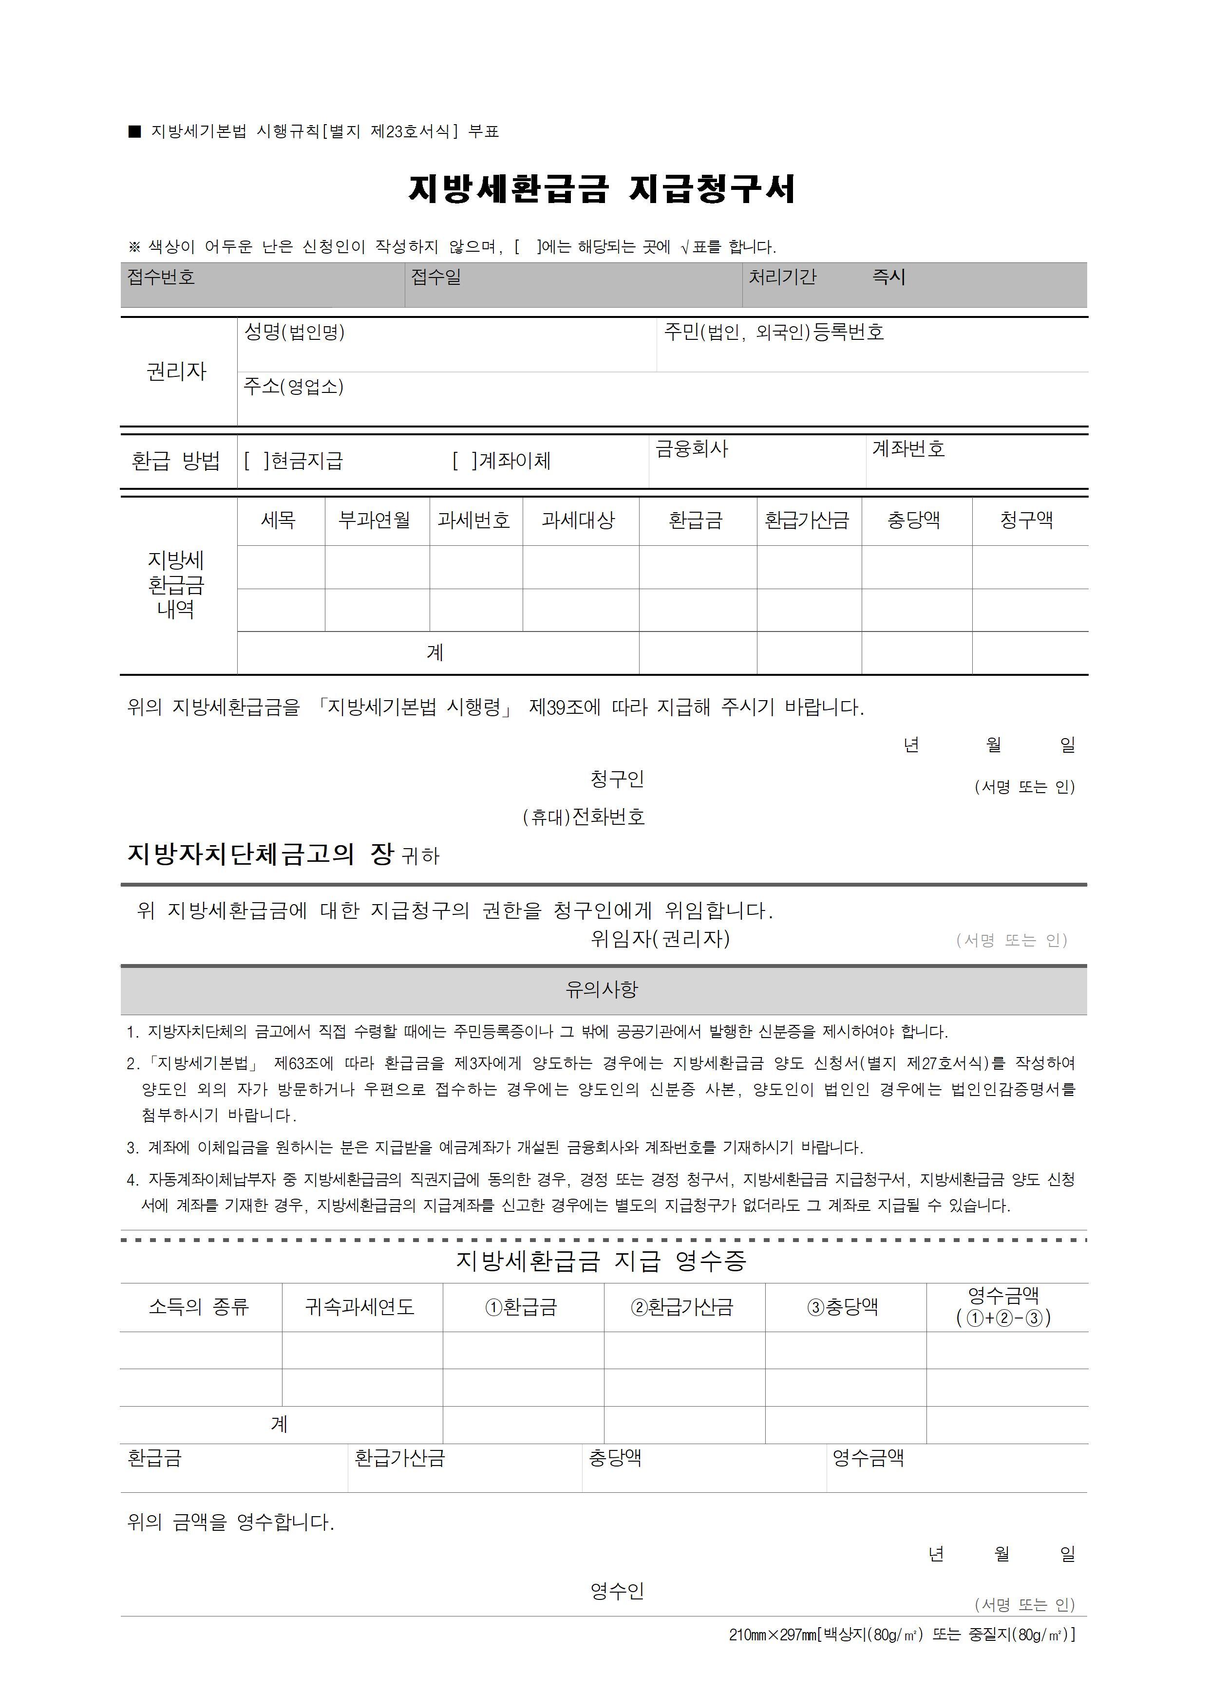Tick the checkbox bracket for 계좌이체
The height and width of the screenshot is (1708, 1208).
tap(464, 461)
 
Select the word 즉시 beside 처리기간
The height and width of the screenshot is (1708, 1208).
tap(888, 278)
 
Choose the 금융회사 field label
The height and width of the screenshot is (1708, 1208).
tap(692, 448)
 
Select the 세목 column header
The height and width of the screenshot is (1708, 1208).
tap(278, 520)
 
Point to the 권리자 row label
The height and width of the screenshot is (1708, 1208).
tap(176, 371)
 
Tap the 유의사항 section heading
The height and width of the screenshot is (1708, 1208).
tap(602, 989)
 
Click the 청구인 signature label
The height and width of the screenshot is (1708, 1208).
tap(617, 779)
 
